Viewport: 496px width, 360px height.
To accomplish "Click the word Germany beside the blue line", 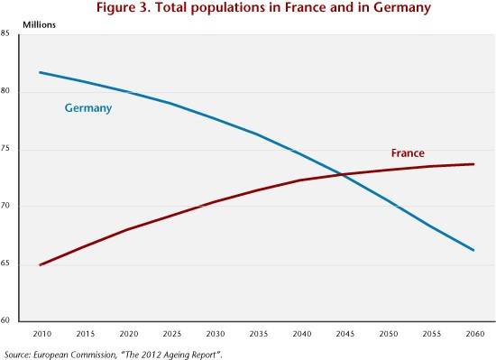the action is click(x=88, y=108).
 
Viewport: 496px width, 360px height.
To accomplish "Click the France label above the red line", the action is click(x=408, y=153).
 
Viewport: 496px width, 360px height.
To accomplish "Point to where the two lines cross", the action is click(x=342, y=174).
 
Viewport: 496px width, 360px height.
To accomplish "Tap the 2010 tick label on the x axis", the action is click(x=42, y=334).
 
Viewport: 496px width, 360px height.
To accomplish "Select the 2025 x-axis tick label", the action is click(x=171, y=334).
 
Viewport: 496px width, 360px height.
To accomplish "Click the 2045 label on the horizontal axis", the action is click(x=345, y=334).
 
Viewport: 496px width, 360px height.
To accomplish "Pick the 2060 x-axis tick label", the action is click(x=475, y=334).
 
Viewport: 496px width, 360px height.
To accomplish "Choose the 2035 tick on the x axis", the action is click(x=259, y=334).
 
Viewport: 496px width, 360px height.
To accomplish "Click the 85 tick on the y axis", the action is click(x=5, y=33).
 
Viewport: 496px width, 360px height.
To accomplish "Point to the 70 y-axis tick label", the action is click(x=5, y=206).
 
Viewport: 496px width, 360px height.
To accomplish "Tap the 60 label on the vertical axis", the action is click(x=5, y=319).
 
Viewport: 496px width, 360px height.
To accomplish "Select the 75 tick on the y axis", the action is click(x=5, y=148).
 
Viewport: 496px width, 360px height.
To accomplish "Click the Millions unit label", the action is click(x=39, y=24).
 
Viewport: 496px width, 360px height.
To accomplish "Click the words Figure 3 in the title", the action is click(x=124, y=7).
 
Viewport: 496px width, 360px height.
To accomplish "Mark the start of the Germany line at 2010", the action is click(x=40, y=72).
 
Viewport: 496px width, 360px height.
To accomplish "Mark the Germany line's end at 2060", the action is click(x=473, y=250).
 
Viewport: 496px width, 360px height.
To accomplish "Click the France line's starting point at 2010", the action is click(x=40, y=265).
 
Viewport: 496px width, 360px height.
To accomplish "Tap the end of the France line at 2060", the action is click(x=473, y=164).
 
